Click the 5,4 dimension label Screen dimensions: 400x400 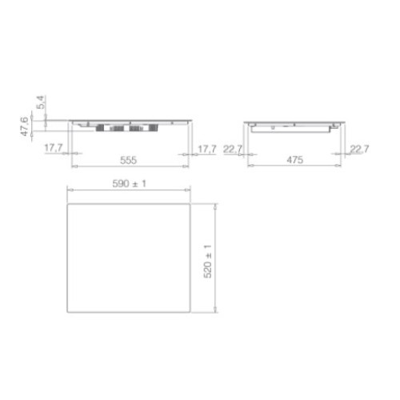[41, 102]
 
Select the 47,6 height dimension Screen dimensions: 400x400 [25, 126]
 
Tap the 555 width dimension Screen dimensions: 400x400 [128, 160]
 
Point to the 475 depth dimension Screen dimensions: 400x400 [294, 160]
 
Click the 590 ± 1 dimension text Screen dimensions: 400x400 [129, 183]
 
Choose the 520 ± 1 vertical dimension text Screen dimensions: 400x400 [207, 262]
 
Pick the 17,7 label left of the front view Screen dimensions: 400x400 [54, 147]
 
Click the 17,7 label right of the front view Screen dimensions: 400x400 [207, 149]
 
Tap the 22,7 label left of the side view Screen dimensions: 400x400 [233, 149]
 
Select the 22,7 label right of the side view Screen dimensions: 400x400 [359, 149]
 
